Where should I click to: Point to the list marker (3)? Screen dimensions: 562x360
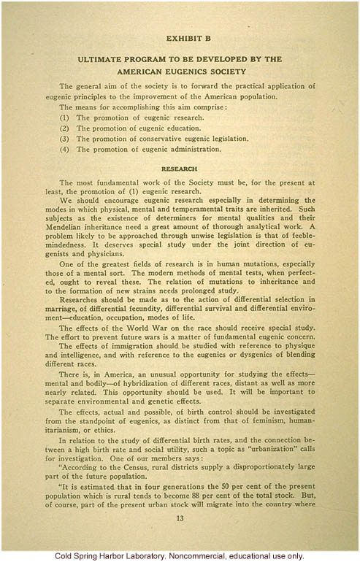click(x=64, y=138)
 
